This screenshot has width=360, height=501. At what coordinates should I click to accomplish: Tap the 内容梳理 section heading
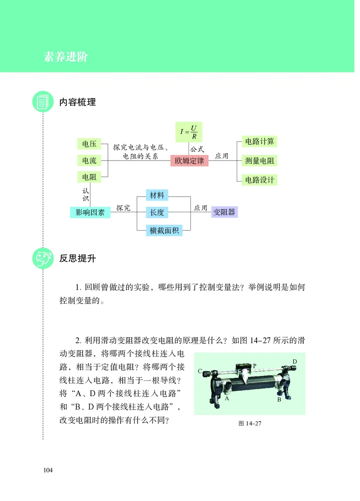click(77, 102)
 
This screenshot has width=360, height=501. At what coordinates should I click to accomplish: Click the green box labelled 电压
click(89, 144)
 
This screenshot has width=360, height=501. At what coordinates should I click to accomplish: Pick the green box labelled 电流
click(89, 161)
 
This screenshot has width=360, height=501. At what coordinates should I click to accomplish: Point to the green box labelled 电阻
click(89, 177)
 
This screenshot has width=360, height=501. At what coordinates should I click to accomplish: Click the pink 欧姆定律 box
click(189, 161)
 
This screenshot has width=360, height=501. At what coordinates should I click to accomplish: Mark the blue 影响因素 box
click(90, 212)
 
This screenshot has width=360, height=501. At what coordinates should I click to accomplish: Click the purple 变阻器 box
click(224, 212)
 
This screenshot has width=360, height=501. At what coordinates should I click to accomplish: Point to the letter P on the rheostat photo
click(254, 366)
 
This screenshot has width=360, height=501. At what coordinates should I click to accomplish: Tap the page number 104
click(48, 470)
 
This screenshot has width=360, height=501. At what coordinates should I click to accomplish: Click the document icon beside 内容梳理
click(43, 102)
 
